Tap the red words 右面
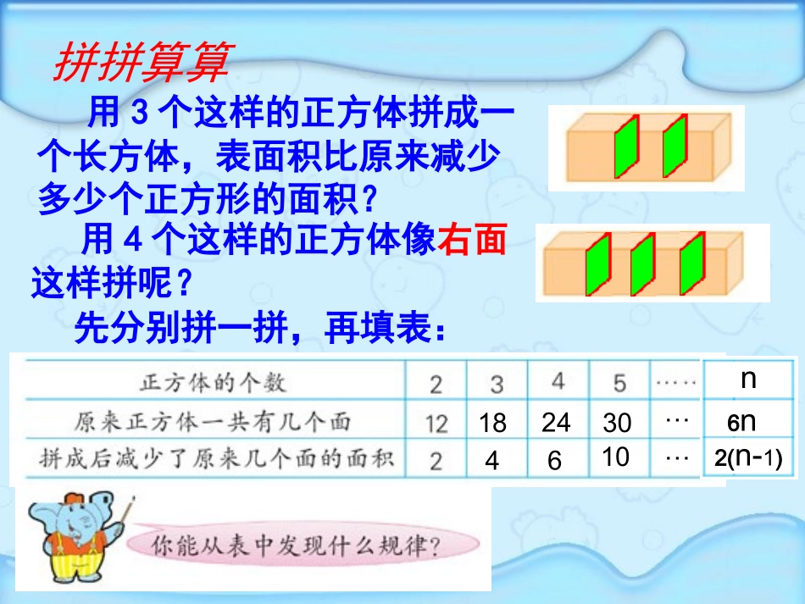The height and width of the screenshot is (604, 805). coord(472,241)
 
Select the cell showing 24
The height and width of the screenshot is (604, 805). coord(556,423)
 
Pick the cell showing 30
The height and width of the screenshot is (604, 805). coord(618,423)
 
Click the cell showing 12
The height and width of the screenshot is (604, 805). coord(436,423)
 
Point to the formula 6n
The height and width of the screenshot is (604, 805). coord(741,423)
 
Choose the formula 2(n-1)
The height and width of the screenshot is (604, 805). coord(747,458)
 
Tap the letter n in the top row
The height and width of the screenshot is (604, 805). coord(747,379)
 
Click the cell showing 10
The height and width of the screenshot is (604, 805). coord(616,457)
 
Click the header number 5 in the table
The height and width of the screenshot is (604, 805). coord(619,384)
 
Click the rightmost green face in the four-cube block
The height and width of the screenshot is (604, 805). coord(692,263)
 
